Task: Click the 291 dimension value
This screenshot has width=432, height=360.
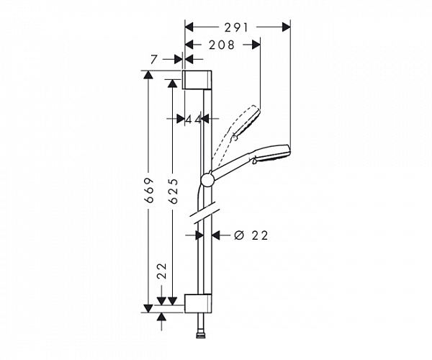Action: tap(236, 27)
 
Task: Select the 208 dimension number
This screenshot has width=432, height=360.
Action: tap(222, 45)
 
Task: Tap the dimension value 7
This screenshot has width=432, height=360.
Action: tap(154, 59)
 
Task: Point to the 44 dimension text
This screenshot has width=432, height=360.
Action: tap(193, 120)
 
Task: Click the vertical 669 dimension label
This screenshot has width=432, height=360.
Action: tap(149, 190)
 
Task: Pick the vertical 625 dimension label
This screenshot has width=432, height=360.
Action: tap(174, 191)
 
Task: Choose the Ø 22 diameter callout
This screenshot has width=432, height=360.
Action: tap(251, 235)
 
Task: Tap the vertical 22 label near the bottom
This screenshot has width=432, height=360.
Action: tap(162, 271)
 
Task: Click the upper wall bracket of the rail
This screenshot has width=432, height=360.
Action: tap(197, 80)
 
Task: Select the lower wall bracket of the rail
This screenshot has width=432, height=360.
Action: tap(198, 304)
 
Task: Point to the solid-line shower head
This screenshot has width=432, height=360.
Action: tap(271, 154)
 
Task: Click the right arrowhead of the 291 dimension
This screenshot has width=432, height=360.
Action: tap(287, 27)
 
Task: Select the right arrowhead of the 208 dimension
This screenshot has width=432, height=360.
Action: tap(256, 45)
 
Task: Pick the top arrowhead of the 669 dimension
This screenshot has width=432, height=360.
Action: tap(148, 75)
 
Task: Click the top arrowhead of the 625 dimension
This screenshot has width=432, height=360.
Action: tap(173, 84)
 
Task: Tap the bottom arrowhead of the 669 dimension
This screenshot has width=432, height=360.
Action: tap(148, 308)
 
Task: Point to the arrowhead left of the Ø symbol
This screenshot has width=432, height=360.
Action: tap(216, 235)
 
